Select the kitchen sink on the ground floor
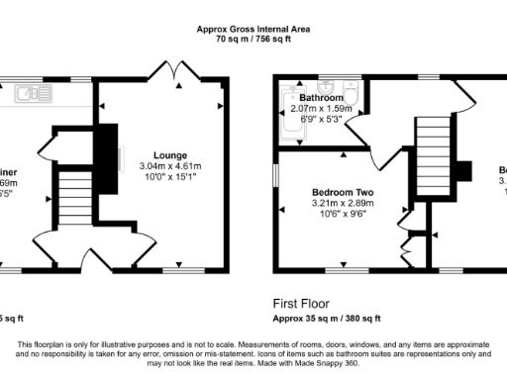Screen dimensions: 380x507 coord(30,96)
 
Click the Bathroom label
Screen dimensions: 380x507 coord(322,99)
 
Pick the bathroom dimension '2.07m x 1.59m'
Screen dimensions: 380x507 coord(322,110)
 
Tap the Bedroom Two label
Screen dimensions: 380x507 coord(341,192)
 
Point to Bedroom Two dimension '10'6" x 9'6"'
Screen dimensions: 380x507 coord(341,216)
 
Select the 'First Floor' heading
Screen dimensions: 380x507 coord(302,304)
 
